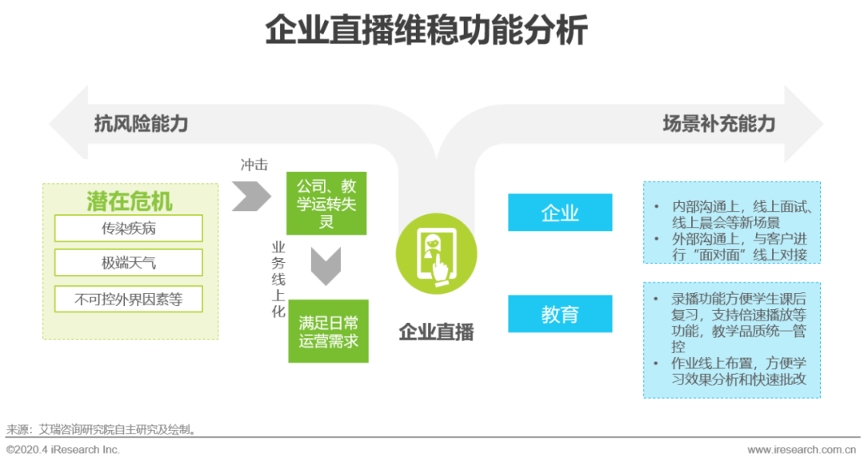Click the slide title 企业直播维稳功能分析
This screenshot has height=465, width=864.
click(x=426, y=32)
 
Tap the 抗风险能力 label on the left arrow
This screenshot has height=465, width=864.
click(x=141, y=124)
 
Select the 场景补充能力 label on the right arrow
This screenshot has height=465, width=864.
click(x=718, y=124)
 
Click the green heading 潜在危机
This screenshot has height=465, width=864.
click(x=130, y=201)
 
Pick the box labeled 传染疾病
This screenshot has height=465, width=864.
click(x=129, y=229)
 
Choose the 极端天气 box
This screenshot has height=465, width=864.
click(x=129, y=263)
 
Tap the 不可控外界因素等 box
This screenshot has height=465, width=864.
click(x=129, y=300)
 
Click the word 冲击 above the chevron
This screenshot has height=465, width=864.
click(x=254, y=165)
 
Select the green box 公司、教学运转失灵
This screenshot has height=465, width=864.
click(x=326, y=203)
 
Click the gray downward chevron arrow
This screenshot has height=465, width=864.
click(x=326, y=266)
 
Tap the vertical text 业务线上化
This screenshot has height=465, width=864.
click(x=278, y=280)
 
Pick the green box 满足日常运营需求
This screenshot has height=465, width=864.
click(x=328, y=331)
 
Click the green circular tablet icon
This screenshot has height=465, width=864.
click(x=436, y=256)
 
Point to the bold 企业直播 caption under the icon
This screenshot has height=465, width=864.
click(x=436, y=332)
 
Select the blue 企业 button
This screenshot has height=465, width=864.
click(x=560, y=213)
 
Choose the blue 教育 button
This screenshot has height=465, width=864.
click(x=560, y=314)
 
